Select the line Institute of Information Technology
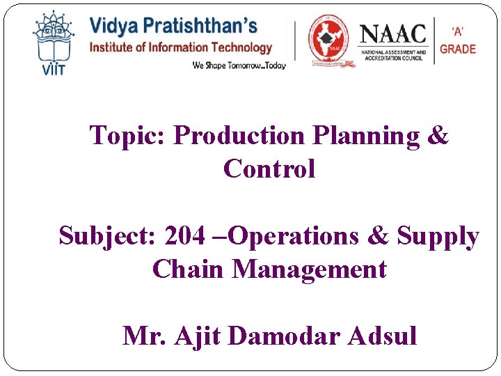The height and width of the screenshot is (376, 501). (x=180, y=47)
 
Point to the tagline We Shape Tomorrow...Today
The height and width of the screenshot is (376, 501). (x=239, y=65)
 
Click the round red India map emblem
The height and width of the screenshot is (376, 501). (x=329, y=40)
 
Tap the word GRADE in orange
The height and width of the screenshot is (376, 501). (x=458, y=49)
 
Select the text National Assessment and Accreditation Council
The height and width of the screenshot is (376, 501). (x=392, y=54)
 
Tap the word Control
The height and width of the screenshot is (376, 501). (x=269, y=169)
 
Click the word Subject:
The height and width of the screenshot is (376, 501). (x=107, y=236)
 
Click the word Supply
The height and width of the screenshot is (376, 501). (x=438, y=236)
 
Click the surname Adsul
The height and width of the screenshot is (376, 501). (x=383, y=336)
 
